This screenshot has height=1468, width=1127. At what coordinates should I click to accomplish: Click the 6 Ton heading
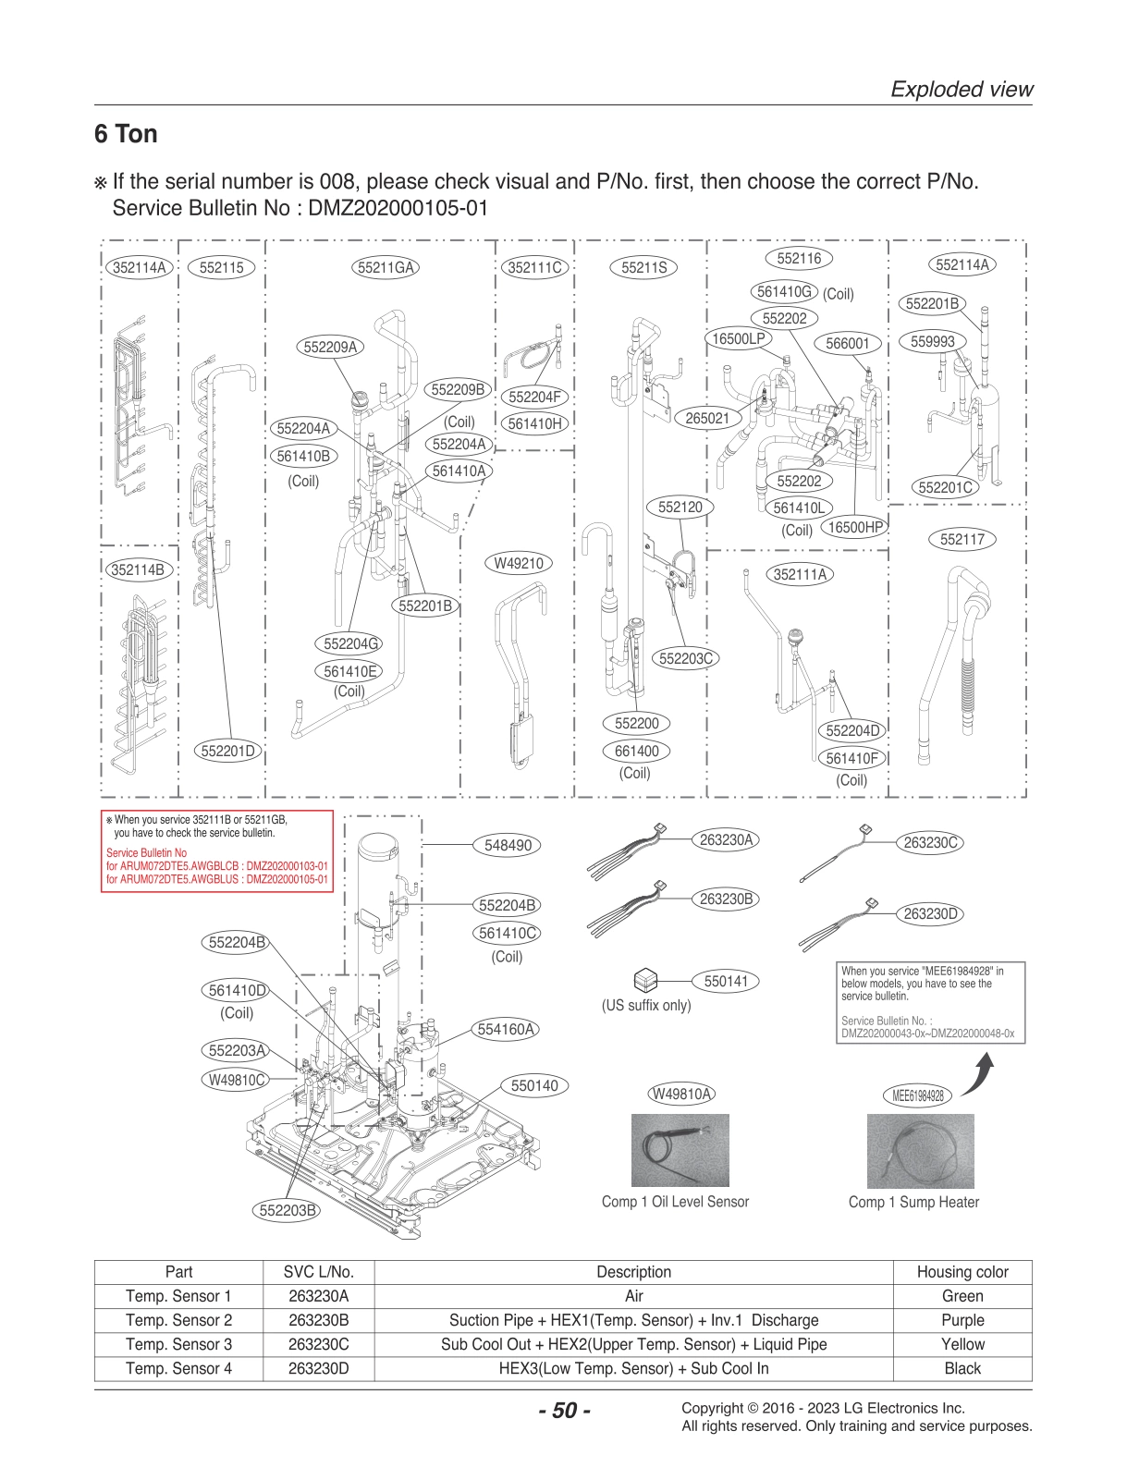tap(126, 134)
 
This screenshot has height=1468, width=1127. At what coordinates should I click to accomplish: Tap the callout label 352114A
tap(139, 268)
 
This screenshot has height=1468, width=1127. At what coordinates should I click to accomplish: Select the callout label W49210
tap(518, 563)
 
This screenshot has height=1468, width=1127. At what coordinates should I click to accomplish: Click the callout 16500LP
tap(738, 339)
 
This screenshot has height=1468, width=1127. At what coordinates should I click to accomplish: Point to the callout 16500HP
tap(852, 527)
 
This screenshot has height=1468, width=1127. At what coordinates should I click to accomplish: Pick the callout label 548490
tap(508, 845)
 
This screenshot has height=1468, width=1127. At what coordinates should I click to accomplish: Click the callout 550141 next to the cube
tap(726, 981)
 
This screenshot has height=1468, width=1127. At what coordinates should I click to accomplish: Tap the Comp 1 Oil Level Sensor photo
tap(680, 1150)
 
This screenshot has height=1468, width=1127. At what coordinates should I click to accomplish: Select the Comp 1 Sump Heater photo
tap(920, 1150)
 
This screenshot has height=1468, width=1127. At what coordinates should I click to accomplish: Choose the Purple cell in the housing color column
tap(962, 1320)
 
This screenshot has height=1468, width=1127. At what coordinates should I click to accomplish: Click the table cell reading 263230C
tap(318, 1344)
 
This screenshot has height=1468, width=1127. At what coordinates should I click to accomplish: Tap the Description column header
tap(633, 1272)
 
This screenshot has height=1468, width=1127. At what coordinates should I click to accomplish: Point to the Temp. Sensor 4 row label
tap(178, 1368)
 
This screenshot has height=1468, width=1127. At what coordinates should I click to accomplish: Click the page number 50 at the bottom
tap(563, 1411)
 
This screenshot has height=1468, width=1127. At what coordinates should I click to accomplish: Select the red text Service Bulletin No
tap(146, 852)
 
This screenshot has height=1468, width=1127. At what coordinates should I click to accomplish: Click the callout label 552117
tap(962, 540)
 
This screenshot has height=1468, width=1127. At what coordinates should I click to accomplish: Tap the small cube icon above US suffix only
tap(645, 981)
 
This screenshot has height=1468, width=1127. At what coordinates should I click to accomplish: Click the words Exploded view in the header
tap(961, 90)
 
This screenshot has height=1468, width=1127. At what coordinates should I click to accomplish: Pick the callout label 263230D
tap(931, 913)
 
